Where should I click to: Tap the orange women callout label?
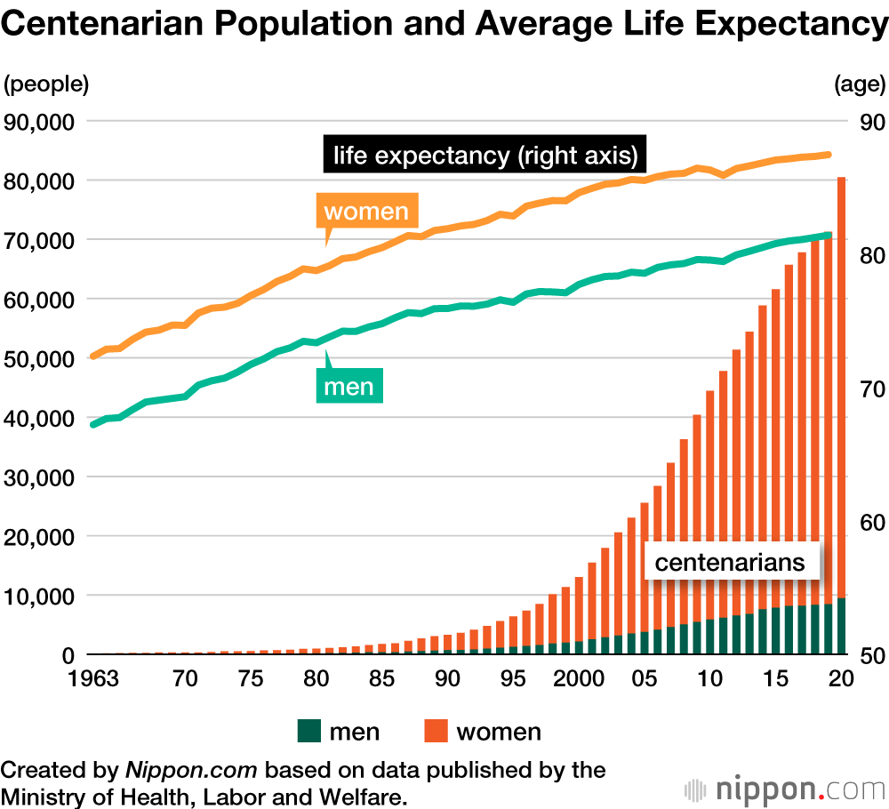pos(366,212)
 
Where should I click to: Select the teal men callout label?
pos(348,387)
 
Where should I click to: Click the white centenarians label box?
pos(729,562)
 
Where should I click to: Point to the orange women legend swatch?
pos(436,732)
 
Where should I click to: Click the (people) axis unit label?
pos(46,84)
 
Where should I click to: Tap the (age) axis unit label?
pos(860,84)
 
